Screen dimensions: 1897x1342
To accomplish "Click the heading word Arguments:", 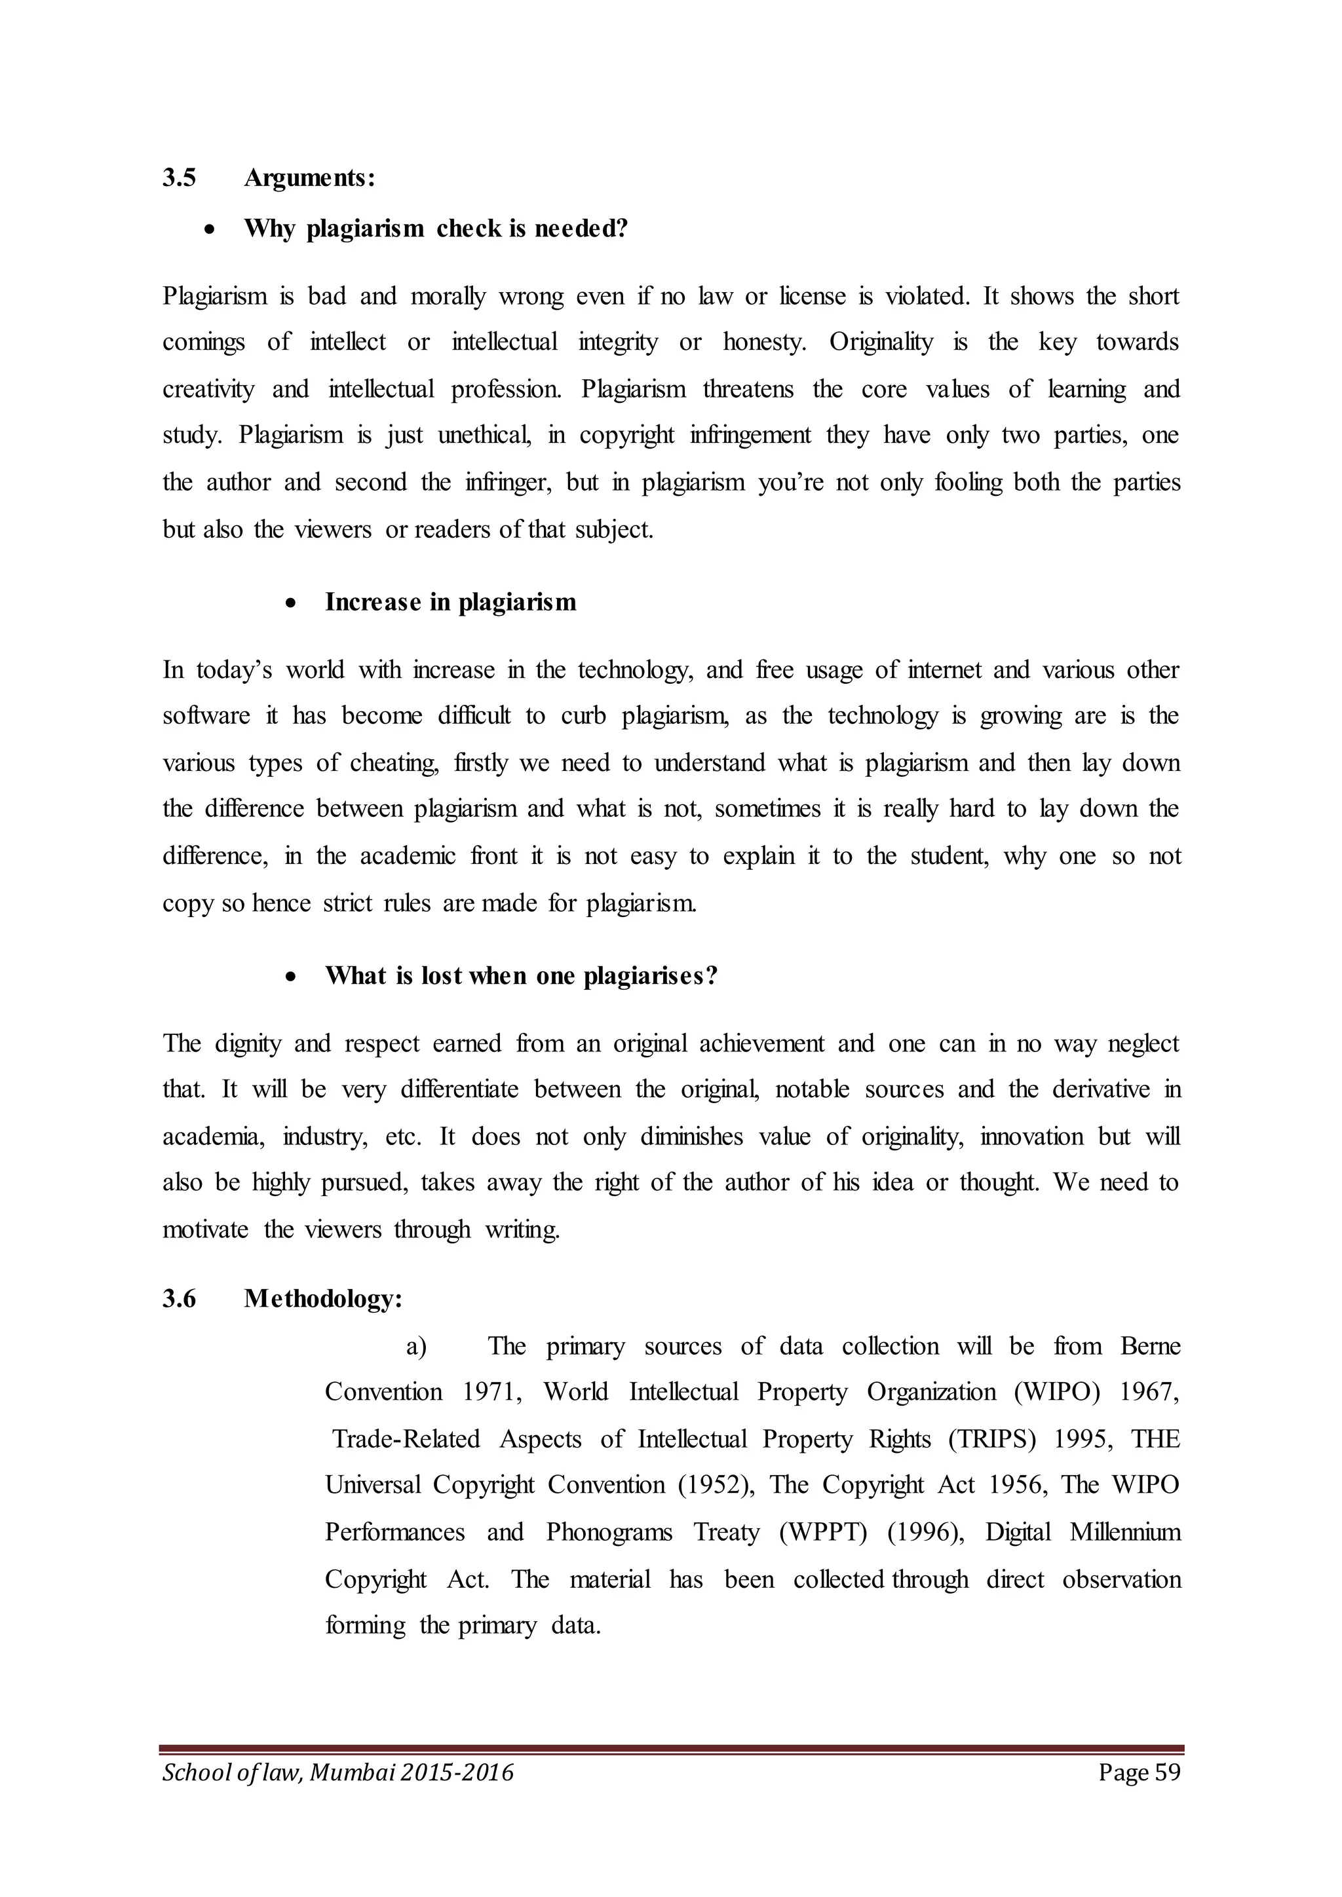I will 310,178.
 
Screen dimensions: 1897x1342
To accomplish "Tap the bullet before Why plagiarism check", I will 212,230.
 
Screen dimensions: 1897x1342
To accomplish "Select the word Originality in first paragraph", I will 881,342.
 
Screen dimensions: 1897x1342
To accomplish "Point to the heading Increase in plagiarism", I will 450,603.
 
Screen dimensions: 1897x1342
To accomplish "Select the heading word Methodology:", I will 323,1300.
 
